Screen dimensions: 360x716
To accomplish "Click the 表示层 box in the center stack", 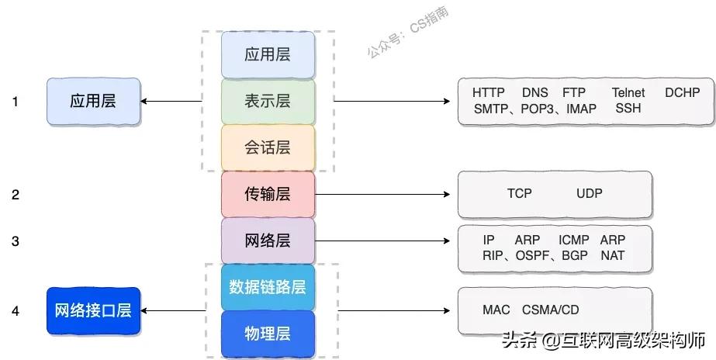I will point(268,101).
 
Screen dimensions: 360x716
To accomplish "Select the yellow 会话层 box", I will point(268,147).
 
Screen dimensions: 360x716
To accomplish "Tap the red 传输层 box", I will point(268,194).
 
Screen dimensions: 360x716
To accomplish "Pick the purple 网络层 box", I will point(268,241).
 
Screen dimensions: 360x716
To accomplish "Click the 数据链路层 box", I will point(268,287).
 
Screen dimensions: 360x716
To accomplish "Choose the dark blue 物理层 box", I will point(268,334).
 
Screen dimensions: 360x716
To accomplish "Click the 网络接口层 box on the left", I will point(93,311).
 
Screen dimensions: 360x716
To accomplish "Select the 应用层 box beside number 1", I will point(93,101).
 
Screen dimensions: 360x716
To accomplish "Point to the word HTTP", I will point(489,93).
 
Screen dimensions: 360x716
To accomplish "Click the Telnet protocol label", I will point(628,93).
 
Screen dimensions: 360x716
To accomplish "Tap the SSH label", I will point(628,109).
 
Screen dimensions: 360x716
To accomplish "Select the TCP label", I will point(520,194).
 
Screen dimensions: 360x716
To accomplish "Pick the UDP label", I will point(590,194).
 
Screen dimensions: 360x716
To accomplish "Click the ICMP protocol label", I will point(574,241).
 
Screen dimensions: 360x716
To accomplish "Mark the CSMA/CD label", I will point(551,310).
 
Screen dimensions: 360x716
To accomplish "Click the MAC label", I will point(496,310).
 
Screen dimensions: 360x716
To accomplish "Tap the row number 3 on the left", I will point(16,241).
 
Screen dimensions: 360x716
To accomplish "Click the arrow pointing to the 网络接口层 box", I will point(175,311).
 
